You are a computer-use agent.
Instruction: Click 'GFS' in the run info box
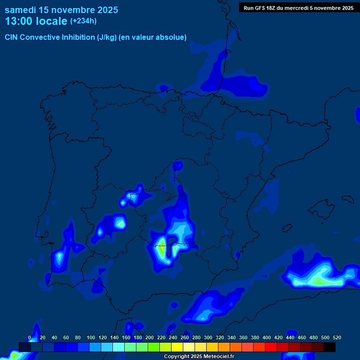click(x=262, y=8)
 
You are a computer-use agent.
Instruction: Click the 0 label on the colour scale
click(x=30, y=337)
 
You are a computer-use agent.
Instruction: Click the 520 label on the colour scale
click(x=337, y=337)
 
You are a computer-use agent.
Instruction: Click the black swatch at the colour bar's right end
click(x=330, y=347)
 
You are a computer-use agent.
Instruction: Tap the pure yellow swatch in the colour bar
click(x=177, y=347)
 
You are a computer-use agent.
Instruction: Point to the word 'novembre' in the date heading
click(x=75, y=10)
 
